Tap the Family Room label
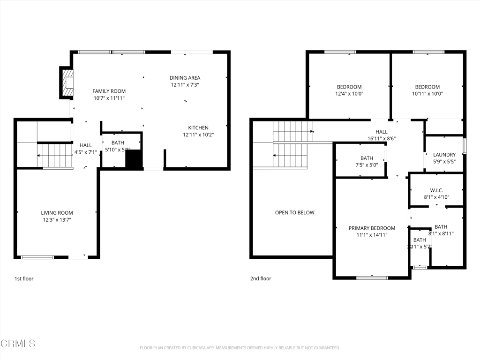(x=109, y=91)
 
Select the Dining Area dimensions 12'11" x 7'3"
(x=185, y=85)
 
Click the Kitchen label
(x=198, y=127)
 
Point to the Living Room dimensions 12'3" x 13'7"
(x=57, y=219)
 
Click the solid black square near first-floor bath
(x=134, y=159)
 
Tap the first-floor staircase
(x=54, y=156)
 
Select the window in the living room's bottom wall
(x=37, y=257)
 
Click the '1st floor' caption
(x=24, y=278)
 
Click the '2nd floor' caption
(x=260, y=278)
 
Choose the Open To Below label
(x=294, y=212)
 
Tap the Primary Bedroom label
(x=372, y=228)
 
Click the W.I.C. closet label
(x=436, y=190)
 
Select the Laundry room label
(x=444, y=155)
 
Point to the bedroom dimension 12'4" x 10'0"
(x=349, y=93)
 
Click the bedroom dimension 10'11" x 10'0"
(x=427, y=93)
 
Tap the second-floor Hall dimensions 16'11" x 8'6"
(x=382, y=139)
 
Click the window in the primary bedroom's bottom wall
(x=372, y=278)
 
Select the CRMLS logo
(x=18, y=344)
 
